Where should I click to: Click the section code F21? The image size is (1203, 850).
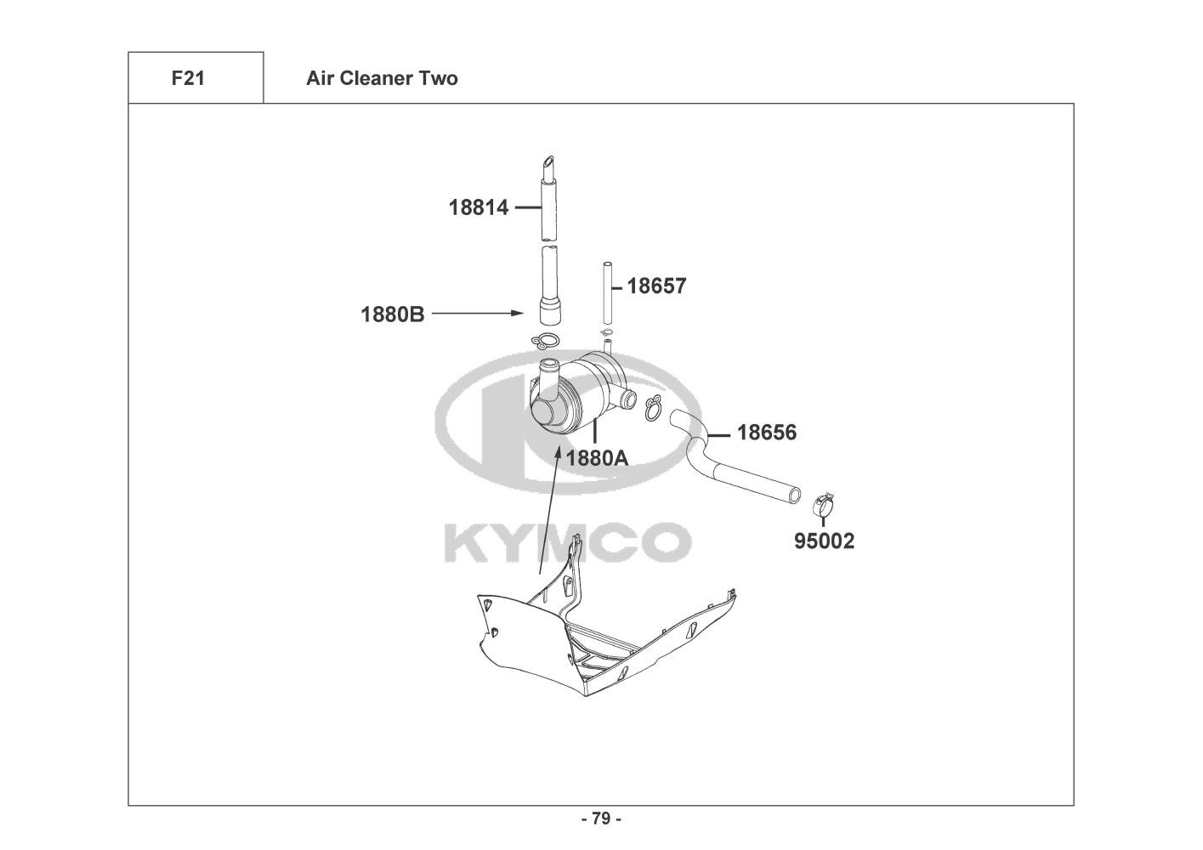[x=188, y=78]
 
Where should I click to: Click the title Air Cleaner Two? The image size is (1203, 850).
[x=382, y=78]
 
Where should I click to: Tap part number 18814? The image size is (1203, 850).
[x=479, y=207]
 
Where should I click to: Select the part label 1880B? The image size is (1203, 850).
[x=393, y=314]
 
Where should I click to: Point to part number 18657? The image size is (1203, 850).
[x=656, y=286]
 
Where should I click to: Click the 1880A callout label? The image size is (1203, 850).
[x=597, y=458]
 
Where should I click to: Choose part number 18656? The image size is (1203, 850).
[x=766, y=433]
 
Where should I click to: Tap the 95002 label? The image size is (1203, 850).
[x=824, y=541]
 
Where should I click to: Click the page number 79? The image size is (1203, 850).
[x=602, y=819]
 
